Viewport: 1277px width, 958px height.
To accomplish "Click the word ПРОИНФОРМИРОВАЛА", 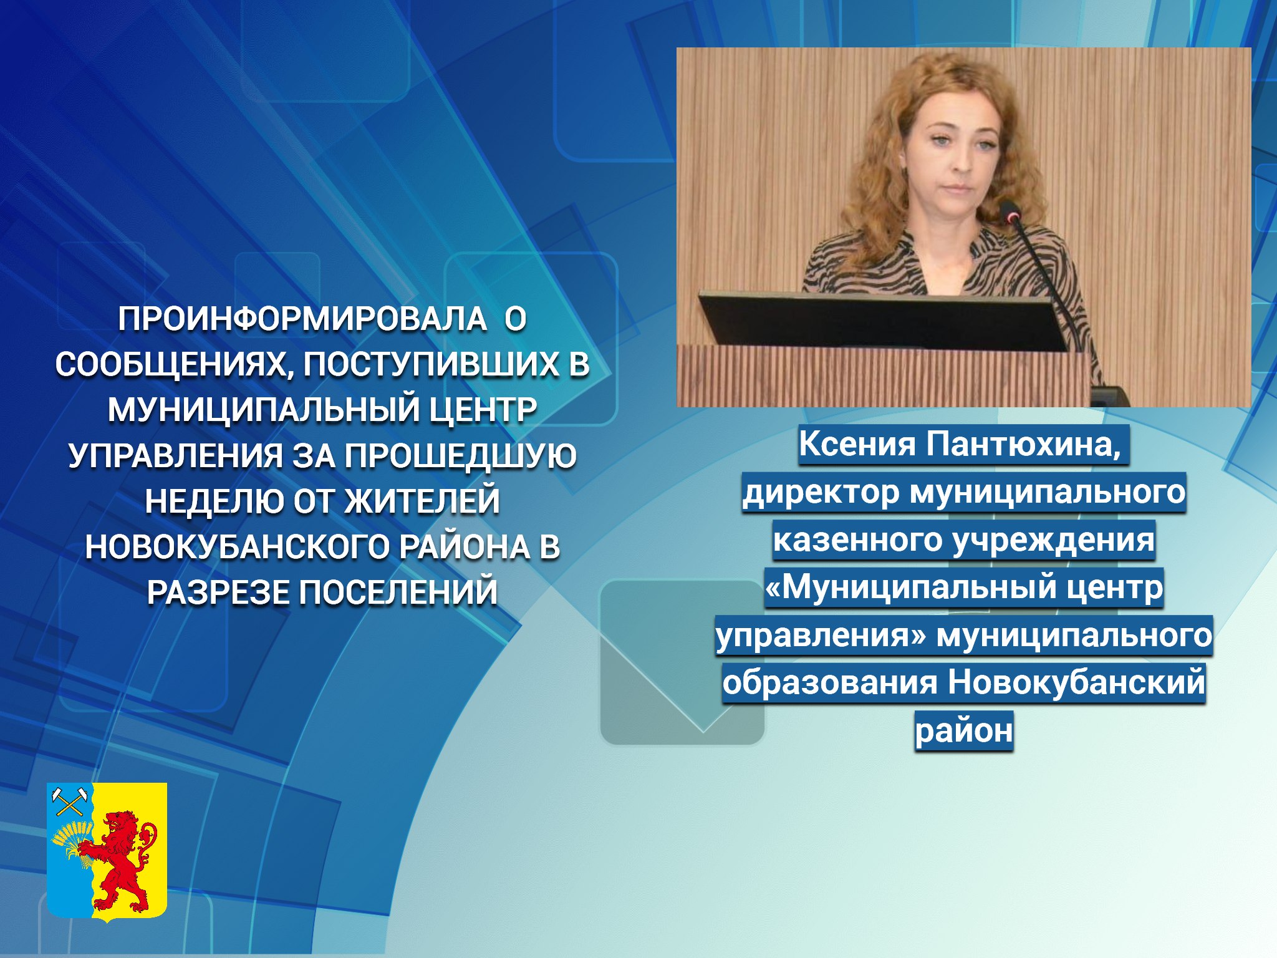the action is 302,319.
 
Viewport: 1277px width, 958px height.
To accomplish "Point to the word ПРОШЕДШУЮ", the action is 460,456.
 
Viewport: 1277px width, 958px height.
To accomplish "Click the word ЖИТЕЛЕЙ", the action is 422,501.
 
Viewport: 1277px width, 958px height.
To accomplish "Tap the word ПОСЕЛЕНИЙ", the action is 398,593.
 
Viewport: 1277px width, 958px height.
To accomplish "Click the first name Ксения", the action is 857,444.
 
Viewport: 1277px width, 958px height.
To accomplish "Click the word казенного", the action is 857,540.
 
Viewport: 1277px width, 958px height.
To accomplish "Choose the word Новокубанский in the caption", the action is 1076,682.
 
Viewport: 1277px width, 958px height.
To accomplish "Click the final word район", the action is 964,731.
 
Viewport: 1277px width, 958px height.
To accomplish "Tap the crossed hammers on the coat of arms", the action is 69,802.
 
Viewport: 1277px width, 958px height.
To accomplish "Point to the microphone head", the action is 1010,211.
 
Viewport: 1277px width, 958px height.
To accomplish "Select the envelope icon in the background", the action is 682,662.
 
